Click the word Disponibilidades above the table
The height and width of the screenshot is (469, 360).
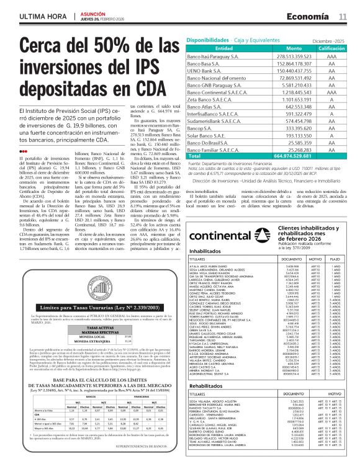207,39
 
